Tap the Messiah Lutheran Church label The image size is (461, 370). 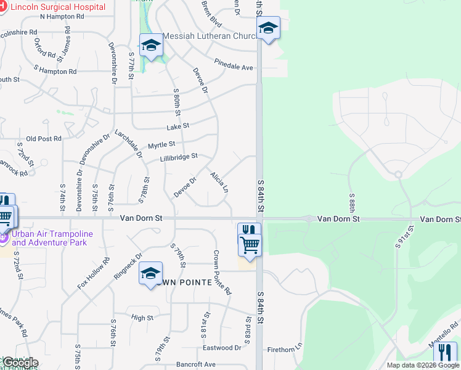click(210, 36)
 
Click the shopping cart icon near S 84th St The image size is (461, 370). click(250, 244)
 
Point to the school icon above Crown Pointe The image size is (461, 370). click(151, 273)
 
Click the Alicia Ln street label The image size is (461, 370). click(219, 182)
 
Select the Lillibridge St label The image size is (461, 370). click(179, 157)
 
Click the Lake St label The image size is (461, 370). click(177, 127)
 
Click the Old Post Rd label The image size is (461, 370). click(44, 139)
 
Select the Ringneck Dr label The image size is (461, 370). click(128, 265)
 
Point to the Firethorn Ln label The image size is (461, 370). click(283, 350)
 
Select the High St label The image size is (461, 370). click(142, 318)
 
